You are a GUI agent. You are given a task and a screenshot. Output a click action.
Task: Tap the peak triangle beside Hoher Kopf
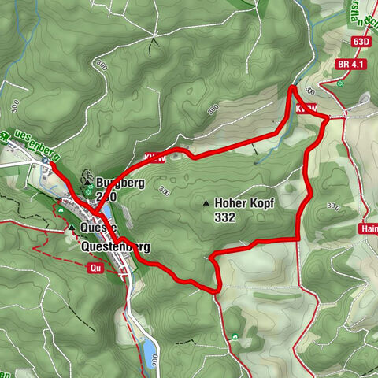coord(206,203)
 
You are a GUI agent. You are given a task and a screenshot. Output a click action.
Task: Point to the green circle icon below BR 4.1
coord(339,83)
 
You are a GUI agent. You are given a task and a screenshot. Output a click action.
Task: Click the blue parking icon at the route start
coord(46,161)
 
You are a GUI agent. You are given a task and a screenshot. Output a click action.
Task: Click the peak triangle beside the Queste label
coord(72,227)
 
